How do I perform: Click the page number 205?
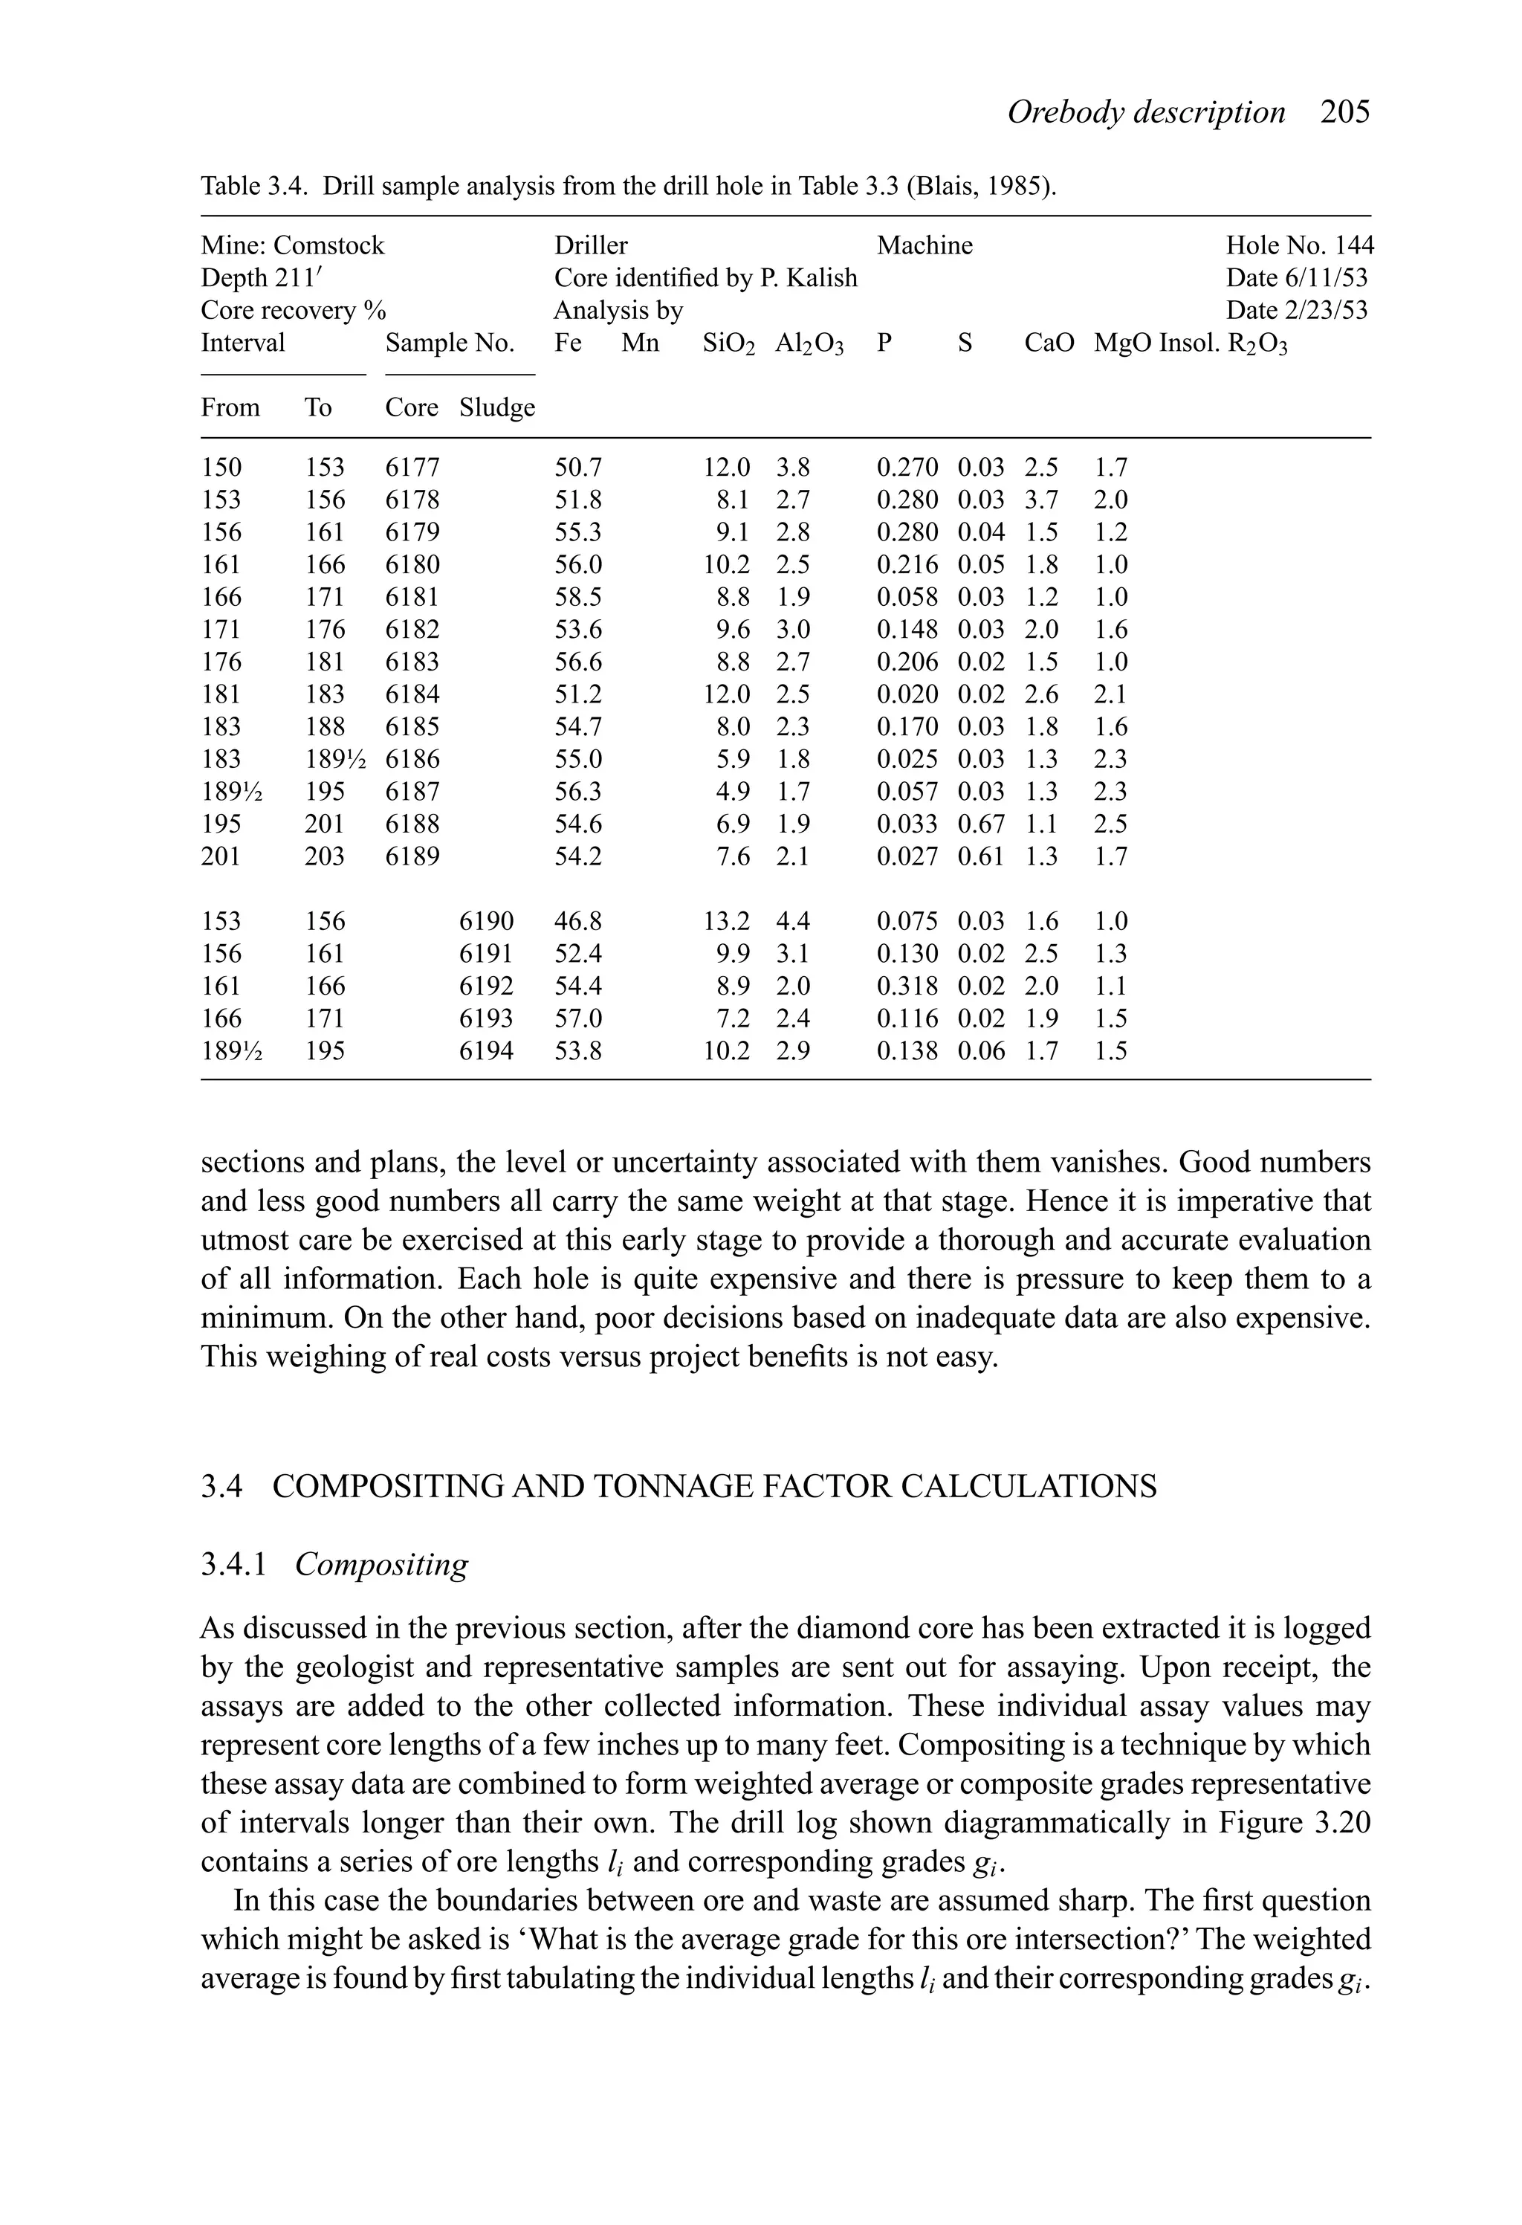1345,113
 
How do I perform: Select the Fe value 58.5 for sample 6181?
578,598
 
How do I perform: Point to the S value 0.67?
981,824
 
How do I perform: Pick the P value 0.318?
907,987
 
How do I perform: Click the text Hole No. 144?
1299,246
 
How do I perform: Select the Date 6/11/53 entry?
1296,279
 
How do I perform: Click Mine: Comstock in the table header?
292,246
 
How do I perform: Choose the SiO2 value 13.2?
727,922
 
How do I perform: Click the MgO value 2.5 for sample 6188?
1110,824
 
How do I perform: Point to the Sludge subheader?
496,408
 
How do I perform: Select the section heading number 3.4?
221,1487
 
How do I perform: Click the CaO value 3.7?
1040,500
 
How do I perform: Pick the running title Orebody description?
1146,113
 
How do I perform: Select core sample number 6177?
412,468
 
